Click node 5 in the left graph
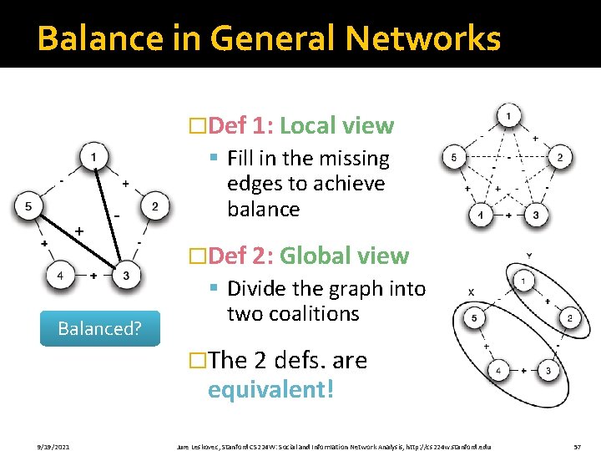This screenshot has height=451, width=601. [28, 206]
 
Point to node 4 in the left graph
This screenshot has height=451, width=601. [59, 276]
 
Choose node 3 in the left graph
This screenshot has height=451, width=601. [126, 276]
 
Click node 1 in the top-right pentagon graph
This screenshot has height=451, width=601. [508, 114]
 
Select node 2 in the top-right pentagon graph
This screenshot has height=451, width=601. [559, 157]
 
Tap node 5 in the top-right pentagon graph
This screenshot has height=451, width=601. [454, 157]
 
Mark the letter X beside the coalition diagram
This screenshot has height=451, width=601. [472, 291]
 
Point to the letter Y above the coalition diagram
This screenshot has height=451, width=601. [529, 254]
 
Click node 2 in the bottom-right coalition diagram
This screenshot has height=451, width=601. [568, 318]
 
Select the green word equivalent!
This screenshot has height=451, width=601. [270, 390]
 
